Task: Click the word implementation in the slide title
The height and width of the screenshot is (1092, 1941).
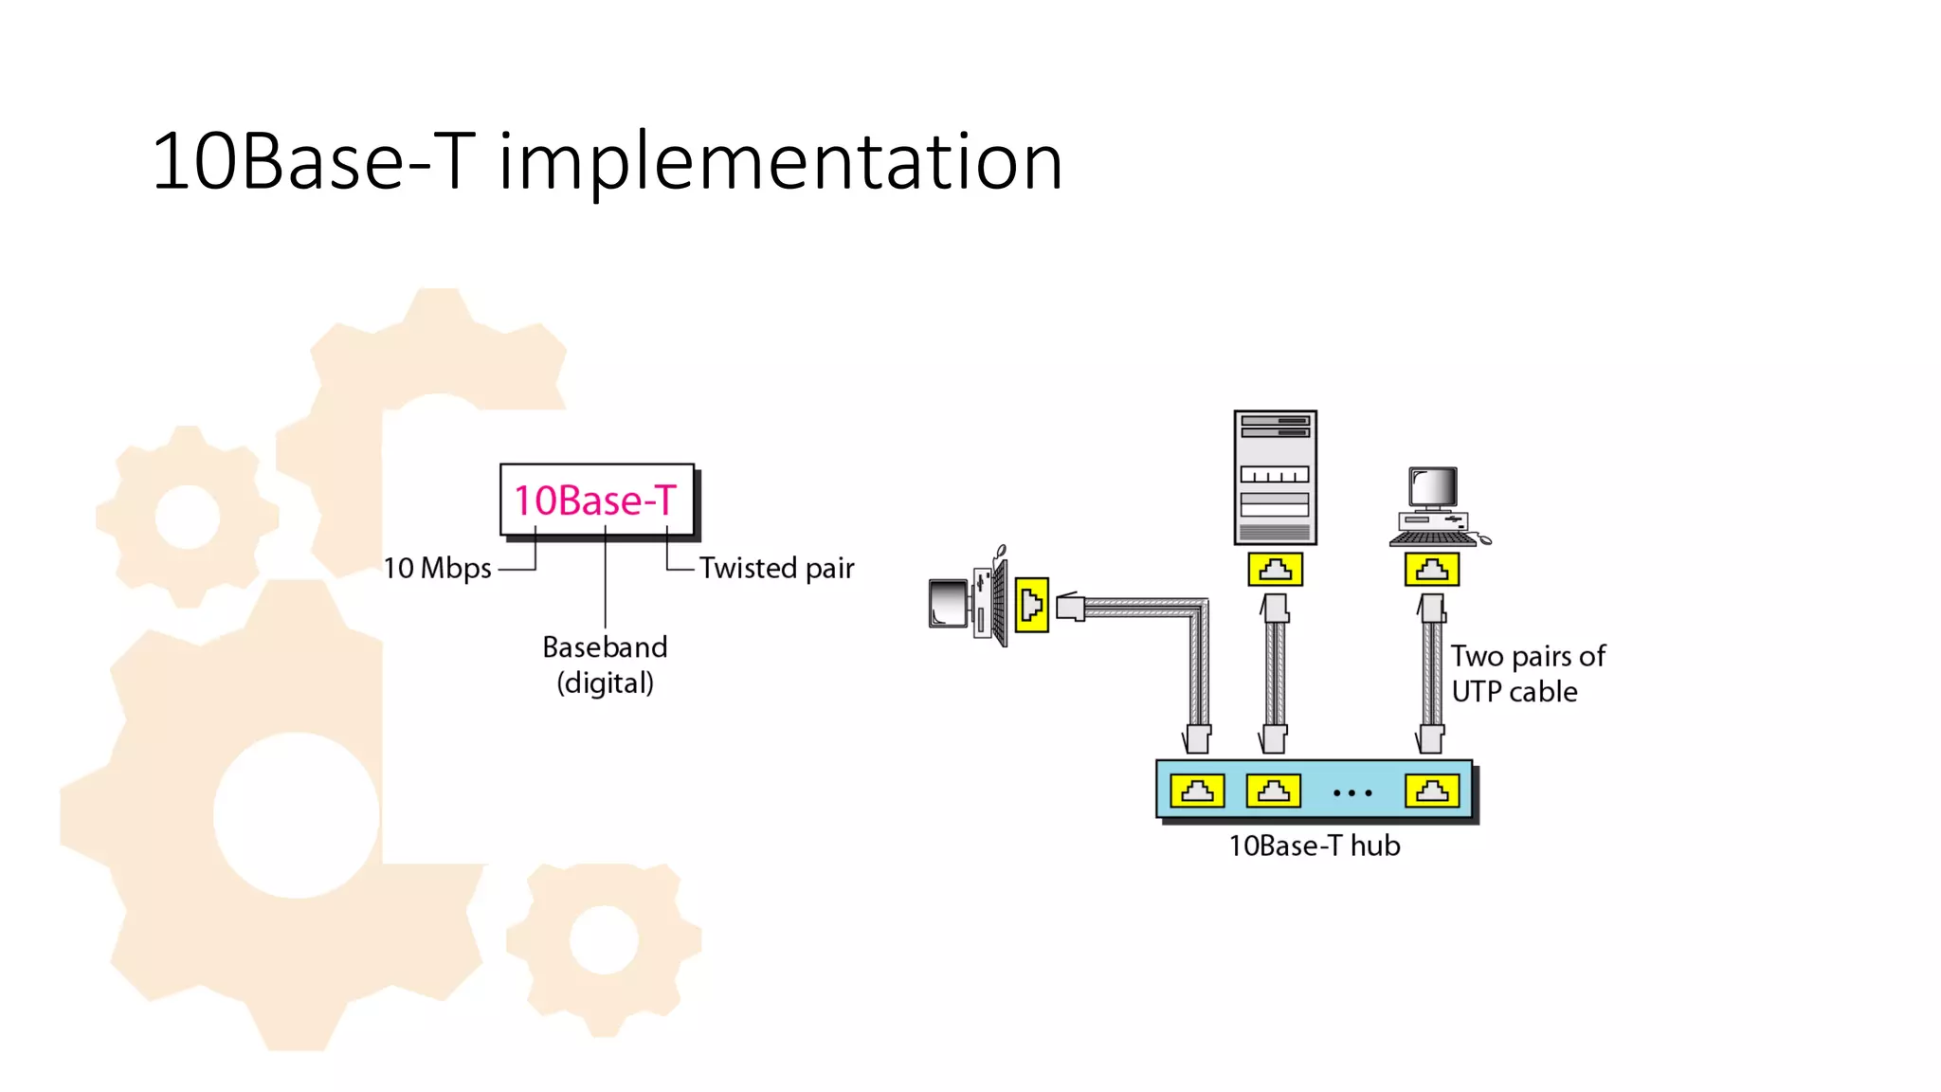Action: (x=780, y=162)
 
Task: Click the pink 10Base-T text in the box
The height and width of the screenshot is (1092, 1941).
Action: (x=595, y=500)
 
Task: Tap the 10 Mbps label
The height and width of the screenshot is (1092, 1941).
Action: (x=437, y=569)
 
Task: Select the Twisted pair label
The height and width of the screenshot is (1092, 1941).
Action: (x=776, y=569)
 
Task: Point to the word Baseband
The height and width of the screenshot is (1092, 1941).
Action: (x=605, y=647)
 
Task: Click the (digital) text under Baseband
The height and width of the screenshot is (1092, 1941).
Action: (x=605, y=683)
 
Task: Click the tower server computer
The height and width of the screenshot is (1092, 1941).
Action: (x=1275, y=478)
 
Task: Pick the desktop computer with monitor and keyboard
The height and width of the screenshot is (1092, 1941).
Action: (x=1436, y=507)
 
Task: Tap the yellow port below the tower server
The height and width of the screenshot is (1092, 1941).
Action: (x=1275, y=570)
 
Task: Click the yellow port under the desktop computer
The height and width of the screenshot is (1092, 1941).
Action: (x=1431, y=570)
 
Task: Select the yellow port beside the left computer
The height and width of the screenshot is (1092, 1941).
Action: (x=1031, y=605)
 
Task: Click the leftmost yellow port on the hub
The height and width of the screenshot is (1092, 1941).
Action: (x=1197, y=791)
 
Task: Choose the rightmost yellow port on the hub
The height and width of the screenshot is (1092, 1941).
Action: (x=1431, y=791)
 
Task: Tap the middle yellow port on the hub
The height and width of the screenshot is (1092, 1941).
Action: (x=1273, y=791)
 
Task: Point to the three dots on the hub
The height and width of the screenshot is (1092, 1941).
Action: (x=1352, y=792)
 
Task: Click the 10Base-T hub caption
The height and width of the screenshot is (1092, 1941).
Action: (x=1314, y=846)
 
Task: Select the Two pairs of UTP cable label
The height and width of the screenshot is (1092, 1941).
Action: (x=1526, y=674)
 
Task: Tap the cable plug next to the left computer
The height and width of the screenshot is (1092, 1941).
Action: (x=1071, y=607)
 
